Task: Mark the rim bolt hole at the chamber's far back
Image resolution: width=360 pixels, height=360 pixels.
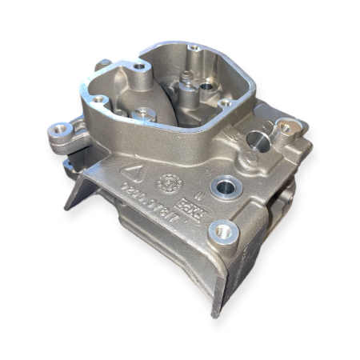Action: pyautogui.click(x=195, y=48)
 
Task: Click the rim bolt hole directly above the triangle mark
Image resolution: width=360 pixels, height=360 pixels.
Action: pyautogui.click(x=100, y=101)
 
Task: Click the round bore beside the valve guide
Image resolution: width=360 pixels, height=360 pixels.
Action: pyautogui.click(x=206, y=86)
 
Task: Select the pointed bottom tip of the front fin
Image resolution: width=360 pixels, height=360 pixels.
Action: pyautogui.click(x=214, y=312)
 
